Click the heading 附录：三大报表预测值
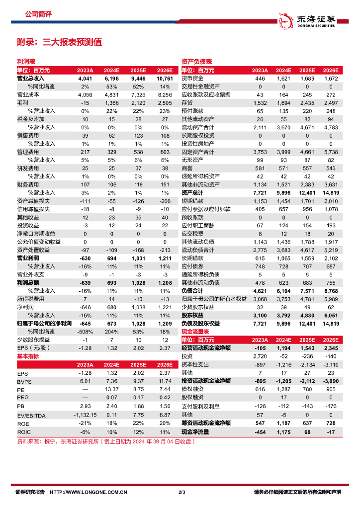point(59,42)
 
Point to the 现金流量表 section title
point(194,331)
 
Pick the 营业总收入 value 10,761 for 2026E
point(164,79)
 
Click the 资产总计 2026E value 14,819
point(330,192)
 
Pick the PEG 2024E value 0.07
point(111,398)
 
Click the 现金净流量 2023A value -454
point(260,432)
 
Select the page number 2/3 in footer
point(181,493)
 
